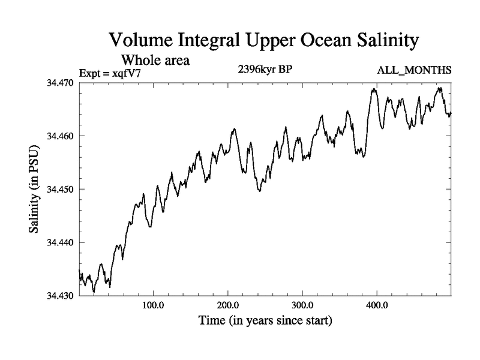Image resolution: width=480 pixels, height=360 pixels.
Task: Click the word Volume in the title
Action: pyautogui.click(x=142, y=41)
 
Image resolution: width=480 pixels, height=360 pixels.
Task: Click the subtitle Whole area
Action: pyautogui.click(x=156, y=60)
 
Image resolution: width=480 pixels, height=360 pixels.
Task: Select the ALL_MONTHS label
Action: pyautogui.click(x=414, y=71)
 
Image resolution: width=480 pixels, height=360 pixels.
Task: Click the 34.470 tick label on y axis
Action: pyautogui.click(x=59, y=82)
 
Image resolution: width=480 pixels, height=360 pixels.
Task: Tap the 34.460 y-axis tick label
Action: pyautogui.click(x=59, y=136)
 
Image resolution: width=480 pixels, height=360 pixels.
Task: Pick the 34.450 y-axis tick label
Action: pyautogui.click(x=59, y=189)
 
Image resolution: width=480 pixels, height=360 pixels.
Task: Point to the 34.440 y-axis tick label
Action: pyautogui.click(x=59, y=242)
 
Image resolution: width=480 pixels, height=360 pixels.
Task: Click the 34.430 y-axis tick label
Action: pyautogui.click(x=59, y=296)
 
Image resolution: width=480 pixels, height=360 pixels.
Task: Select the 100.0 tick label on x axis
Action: pyautogui.click(x=154, y=305)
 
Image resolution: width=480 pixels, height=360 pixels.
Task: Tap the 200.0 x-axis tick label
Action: pyautogui.click(x=228, y=305)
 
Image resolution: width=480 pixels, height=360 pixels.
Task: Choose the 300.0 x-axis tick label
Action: pyautogui.click(x=302, y=305)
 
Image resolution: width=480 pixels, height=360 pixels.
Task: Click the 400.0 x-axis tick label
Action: pyautogui.click(x=377, y=305)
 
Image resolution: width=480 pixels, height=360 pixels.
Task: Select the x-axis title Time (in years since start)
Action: pyautogui.click(x=265, y=320)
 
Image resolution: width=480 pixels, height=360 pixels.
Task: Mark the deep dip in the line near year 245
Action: pyautogui.click(x=260, y=191)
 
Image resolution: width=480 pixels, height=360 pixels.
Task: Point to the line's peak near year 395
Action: pyautogui.click(x=374, y=89)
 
